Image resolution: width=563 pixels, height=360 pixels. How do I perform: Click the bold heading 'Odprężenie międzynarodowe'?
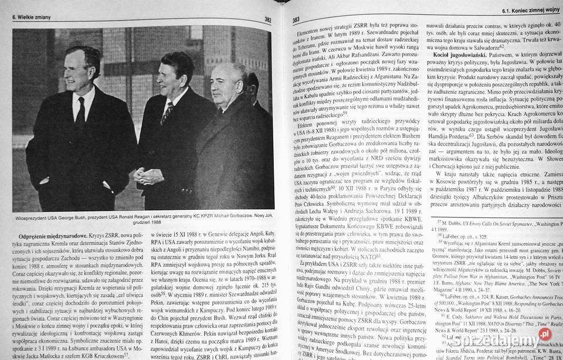[x=48, y=236]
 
